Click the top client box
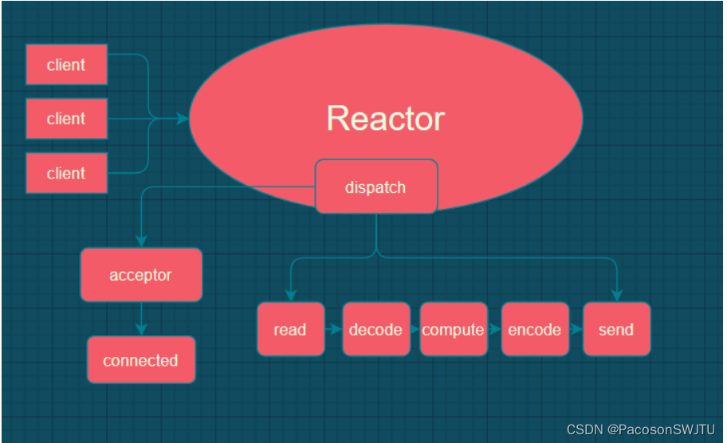[x=66, y=65]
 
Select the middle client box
[x=66, y=119]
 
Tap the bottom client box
[x=66, y=173]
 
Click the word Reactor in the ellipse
[x=385, y=118]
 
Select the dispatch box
[x=375, y=187]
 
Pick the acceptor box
[x=141, y=275]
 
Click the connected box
[x=141, y=360]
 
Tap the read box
[x=290, y=329]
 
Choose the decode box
[x=375, y=329]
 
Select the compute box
[x=453, y=329]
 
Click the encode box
[x=534, y=329]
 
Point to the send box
[x=616, y=329]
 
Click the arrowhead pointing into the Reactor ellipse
[x=183, y=119]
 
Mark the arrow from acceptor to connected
[x=141, y=319]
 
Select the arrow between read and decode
[x=334, y=329]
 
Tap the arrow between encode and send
[x=576, y=329]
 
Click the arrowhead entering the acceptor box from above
[x=141, y=241]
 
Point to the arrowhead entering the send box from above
[x=616, y=296]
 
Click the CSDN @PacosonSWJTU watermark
[x=641, y=429]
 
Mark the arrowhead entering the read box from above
[x=290, y=296]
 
